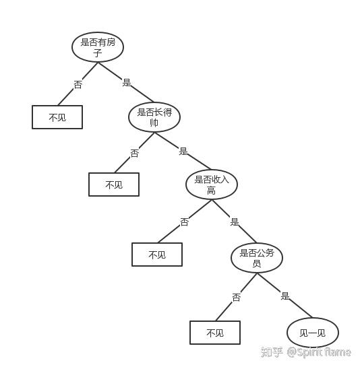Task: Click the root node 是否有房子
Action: coord(98,47)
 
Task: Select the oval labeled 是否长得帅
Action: coord(154,117)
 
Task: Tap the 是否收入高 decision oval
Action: coord(212,184)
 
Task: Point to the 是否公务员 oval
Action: coord(257,258)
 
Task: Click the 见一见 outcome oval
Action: coord(313,333)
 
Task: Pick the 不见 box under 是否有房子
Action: coord(57,117)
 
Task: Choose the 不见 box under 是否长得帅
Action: coord(114,184)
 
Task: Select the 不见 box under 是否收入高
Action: coord(157,255)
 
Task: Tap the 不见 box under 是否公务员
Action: coord(215,333)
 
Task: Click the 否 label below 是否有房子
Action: coord(78,84)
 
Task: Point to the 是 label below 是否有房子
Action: coord(127,82)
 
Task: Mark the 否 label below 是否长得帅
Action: coord(135,154)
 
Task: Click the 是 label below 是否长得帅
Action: coord(183,151)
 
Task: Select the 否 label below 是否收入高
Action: coord(184,222)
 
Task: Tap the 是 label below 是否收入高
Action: coord(235,222)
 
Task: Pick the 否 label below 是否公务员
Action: coord(237,297)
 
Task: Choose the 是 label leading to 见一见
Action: coord(285,296)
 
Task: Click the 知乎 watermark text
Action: coord(272,352)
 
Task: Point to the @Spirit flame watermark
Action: coord(319,352)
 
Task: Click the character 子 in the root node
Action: coord(98,53)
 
